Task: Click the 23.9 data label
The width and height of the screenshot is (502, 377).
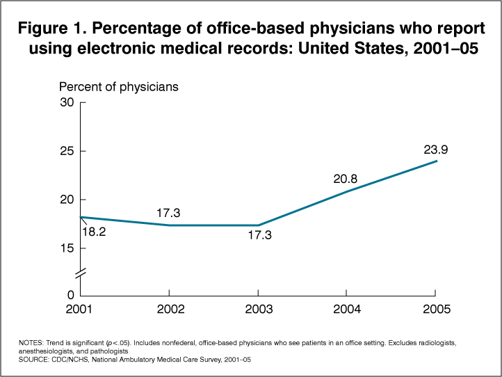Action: tap(436, 149)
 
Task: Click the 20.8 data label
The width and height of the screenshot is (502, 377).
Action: tap(346, 178)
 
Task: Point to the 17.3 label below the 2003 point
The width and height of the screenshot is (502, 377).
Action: tap(259, 236)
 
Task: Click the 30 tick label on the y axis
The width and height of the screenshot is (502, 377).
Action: tap(67, 102)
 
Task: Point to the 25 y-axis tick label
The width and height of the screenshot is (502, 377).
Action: tap(67, 151)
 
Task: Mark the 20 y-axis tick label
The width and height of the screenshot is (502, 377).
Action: tap(67, 200)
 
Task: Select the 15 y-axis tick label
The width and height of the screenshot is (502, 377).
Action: tap(67, 248)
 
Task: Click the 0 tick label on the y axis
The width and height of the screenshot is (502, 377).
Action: tap(70, 296)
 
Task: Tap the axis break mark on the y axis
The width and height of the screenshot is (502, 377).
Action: tap(81, 272)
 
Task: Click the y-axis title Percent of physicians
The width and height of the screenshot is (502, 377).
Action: tap(119, 87)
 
